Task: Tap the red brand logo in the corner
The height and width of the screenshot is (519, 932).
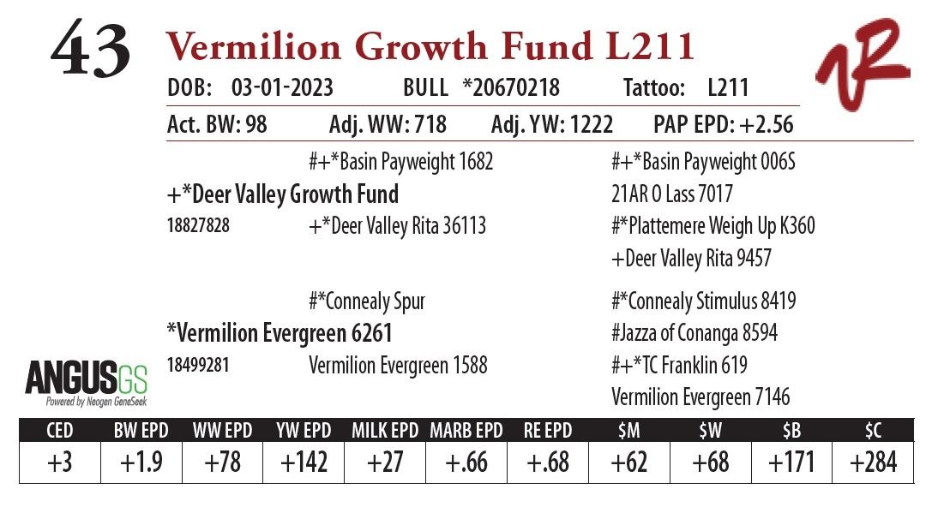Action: click(862, 64)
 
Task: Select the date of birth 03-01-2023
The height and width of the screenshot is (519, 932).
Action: click(282, 88)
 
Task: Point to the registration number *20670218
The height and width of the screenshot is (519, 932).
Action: click(510, 88)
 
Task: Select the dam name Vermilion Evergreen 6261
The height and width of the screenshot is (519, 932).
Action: click(279, 332)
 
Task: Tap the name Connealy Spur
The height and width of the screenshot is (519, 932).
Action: click(367, 301)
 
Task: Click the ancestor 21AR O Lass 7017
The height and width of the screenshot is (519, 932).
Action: click(671, 194)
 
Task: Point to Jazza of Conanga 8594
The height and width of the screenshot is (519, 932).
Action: click(694, 332)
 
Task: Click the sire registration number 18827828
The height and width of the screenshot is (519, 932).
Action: click(198, 226)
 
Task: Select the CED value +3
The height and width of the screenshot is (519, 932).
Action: click(59, 462)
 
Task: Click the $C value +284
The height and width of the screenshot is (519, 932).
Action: click(873, 462)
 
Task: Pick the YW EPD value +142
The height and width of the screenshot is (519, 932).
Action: click(304, 462)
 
